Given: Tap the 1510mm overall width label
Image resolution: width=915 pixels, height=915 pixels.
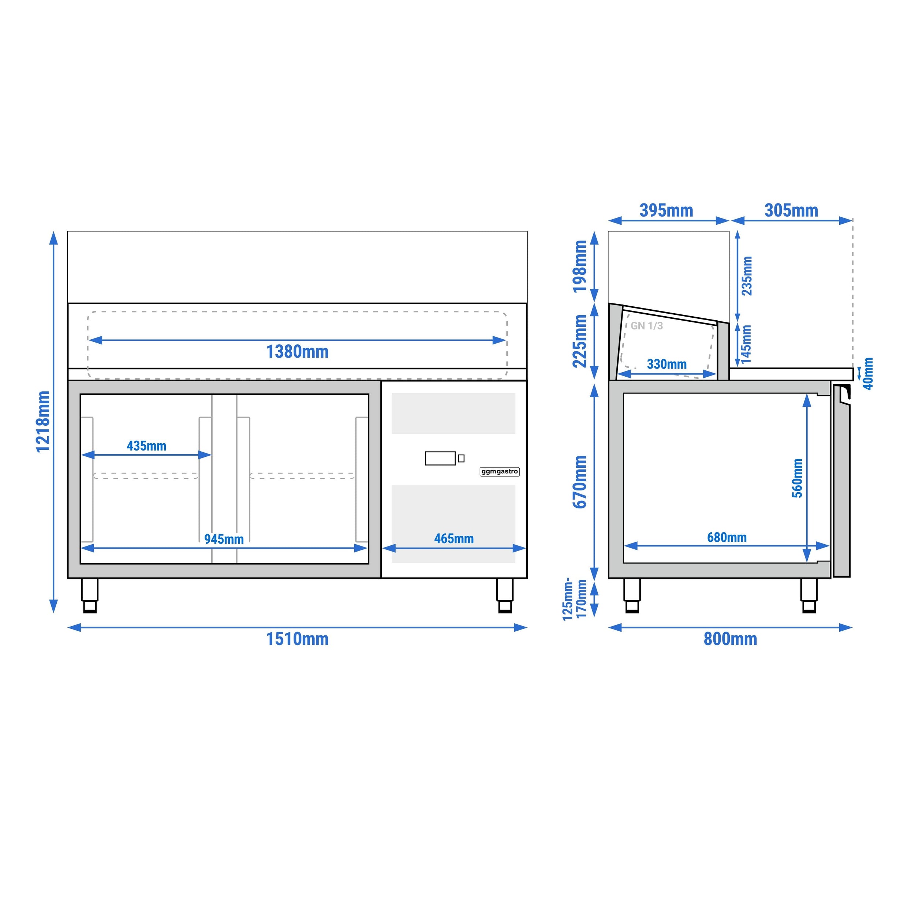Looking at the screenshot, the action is point(298,639).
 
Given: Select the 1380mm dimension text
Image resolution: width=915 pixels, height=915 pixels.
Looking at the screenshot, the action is point(298,351).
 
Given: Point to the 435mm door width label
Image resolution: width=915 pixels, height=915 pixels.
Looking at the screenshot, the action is point(146,446).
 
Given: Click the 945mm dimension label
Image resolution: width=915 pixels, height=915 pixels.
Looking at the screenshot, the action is point(224,539).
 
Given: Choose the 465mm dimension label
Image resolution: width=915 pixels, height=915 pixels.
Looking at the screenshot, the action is point(454,538).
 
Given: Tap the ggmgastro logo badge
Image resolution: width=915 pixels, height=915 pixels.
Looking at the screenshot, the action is point(500,471).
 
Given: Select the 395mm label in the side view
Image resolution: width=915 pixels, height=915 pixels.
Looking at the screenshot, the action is point(666,210).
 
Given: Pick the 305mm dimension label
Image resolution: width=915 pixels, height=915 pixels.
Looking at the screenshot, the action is point(791,210).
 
